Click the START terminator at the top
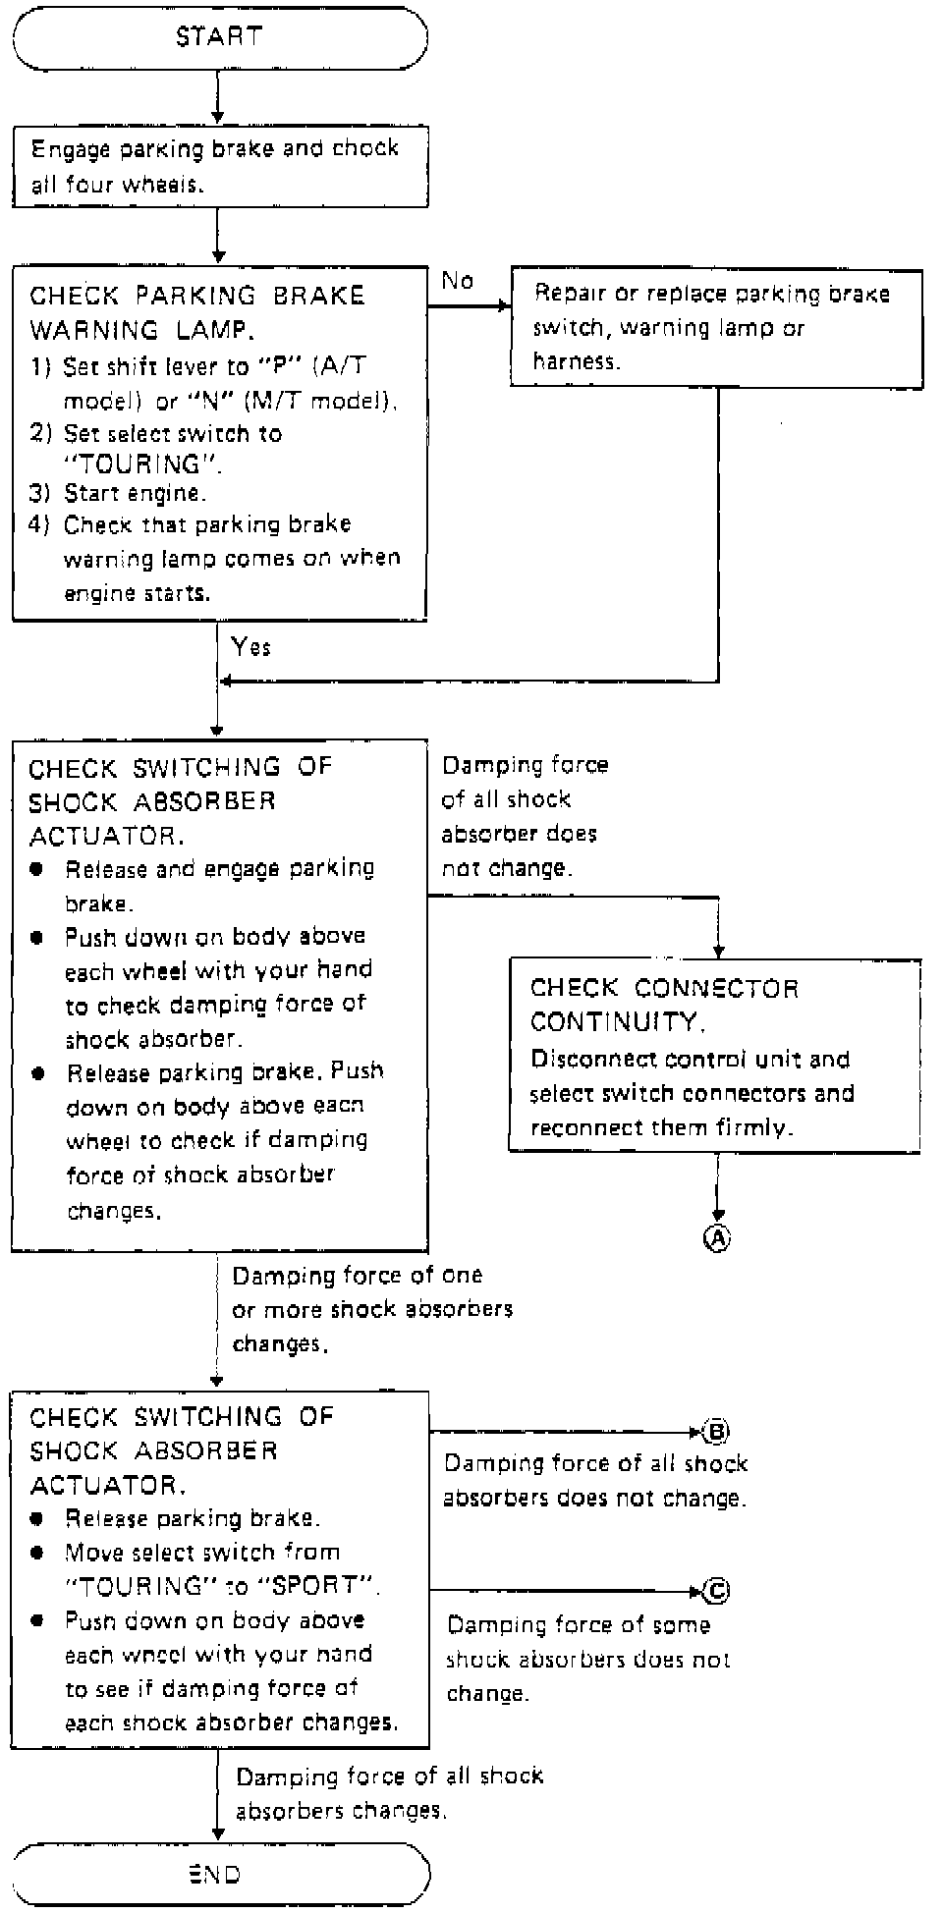point(219,37)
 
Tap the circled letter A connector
point(718,1238)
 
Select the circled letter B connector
point(716,1433)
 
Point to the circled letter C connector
point(717,1591)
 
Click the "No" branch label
point(458,281)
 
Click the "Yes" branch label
point(251,646)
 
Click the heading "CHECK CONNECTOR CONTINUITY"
point(664,1005)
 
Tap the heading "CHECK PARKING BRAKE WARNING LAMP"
point(196,312)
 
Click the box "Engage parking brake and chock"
point(219,166)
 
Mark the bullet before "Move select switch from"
point(37,1553)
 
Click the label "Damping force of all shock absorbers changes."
point(389,1792)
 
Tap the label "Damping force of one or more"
point(371,1309)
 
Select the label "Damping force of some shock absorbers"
point(587,1659)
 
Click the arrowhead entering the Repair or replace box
point(505,306)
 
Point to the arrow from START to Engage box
point(218,98)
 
